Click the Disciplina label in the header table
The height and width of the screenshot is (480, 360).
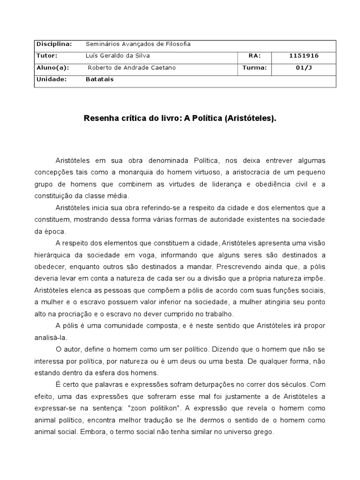54,44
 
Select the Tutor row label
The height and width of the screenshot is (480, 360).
46,56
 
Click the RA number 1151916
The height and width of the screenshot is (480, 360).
304,56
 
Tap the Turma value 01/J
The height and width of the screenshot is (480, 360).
304,67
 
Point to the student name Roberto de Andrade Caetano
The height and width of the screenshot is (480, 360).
132,67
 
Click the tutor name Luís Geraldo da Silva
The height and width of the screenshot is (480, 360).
118,56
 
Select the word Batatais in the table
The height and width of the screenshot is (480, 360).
99,79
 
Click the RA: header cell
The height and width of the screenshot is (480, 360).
255,56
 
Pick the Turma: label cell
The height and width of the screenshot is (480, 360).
255,67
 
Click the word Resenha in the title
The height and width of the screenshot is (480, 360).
100,119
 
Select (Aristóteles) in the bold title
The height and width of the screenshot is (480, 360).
251,119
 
